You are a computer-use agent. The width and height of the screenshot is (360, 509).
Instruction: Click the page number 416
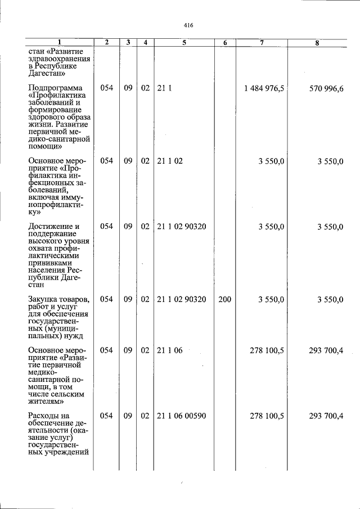pos(188,25)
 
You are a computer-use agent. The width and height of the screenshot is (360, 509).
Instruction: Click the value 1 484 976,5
pos(264,88)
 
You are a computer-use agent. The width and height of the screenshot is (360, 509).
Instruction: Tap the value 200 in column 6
pos(224,299)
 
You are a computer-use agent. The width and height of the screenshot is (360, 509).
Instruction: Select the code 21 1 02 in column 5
pos(170,161)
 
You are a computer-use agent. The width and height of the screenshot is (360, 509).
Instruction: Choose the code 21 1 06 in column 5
pos(170,350)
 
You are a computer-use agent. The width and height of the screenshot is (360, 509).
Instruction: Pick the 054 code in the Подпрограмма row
pos(107,88)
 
